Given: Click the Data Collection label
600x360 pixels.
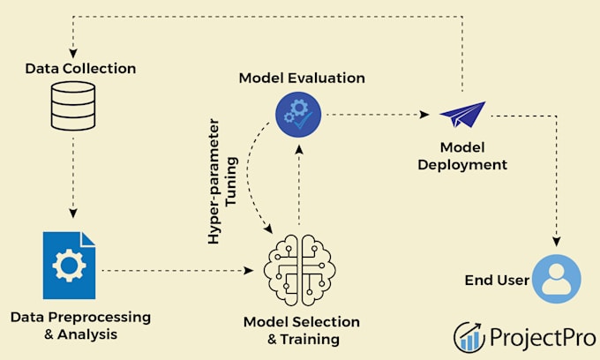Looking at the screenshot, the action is click(x=80, y=69).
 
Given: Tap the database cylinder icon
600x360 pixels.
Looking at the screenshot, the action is click(x=73, y=106).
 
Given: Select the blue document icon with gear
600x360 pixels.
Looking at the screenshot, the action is click(x=69, y=265).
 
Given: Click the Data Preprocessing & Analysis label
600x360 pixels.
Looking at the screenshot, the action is click(x=81, y=326).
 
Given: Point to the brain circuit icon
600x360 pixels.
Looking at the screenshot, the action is click(x=300, y=270).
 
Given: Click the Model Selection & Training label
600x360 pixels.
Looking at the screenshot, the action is click(x=302, y=330).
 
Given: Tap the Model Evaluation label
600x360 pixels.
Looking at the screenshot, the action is click(x=302, y=78).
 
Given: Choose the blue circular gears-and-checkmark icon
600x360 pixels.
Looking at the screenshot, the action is click(x=298, y=115).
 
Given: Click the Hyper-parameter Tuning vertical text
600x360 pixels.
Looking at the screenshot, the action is click(x=222, y=182).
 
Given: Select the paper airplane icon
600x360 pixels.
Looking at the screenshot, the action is click(x=463, y=114).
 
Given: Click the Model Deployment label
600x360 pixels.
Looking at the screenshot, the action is click(x=462, y=156).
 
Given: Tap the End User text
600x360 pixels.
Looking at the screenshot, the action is click(x=497, y=280).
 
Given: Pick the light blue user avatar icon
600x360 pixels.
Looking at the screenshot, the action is click(x=557, y=279).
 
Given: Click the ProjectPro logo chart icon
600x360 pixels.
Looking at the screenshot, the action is click(x=469, y=337).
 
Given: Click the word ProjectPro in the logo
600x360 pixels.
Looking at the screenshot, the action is click(x=543, y=338).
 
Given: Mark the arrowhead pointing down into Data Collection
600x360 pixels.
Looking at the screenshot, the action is click(x=73, y=53).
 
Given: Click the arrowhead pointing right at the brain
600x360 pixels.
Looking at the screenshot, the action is click(x=249, y=271).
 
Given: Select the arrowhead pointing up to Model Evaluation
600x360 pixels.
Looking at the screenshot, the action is click(x=299, y=149).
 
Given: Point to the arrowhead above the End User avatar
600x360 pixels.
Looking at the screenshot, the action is click(x=557, y=242).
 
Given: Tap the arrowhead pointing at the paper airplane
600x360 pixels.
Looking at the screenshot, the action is click(x=424, y=115).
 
